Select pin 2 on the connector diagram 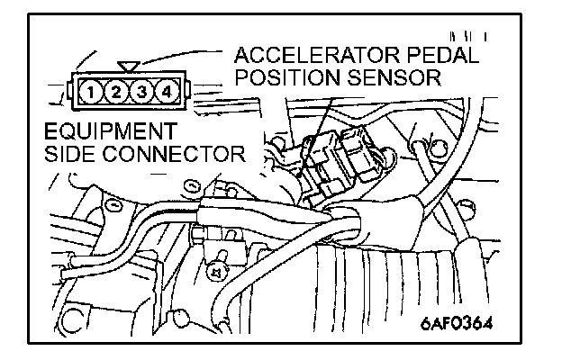[114, 90]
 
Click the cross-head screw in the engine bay [216, 267]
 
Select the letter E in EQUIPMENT [51, 132]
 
